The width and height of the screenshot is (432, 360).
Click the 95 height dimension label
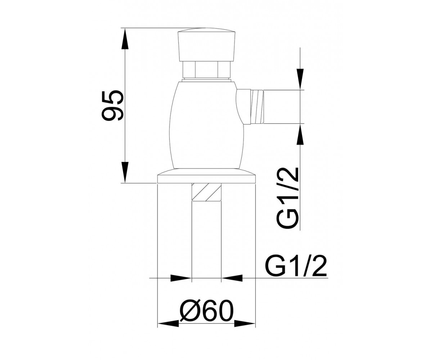[112, 105]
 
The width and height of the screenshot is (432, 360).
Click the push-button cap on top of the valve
[206, 46]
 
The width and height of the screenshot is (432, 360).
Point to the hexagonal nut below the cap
[206, 70]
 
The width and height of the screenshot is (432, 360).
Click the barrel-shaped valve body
[207, 125]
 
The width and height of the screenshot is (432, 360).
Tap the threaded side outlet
[257, 107]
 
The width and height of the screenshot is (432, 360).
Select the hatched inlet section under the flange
[207, 192]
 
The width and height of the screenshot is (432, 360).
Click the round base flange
[206, 176]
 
